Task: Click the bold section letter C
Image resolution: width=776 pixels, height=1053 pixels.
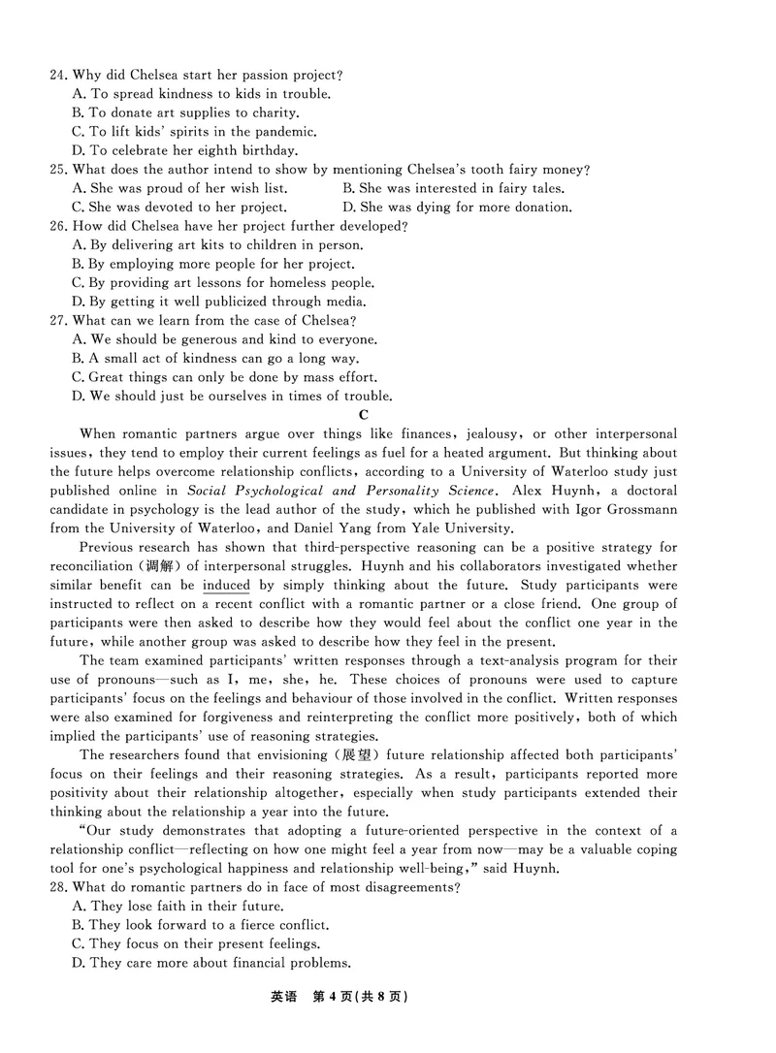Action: (364, 415)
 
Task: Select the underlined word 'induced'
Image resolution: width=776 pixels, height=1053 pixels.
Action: (226, 586)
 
